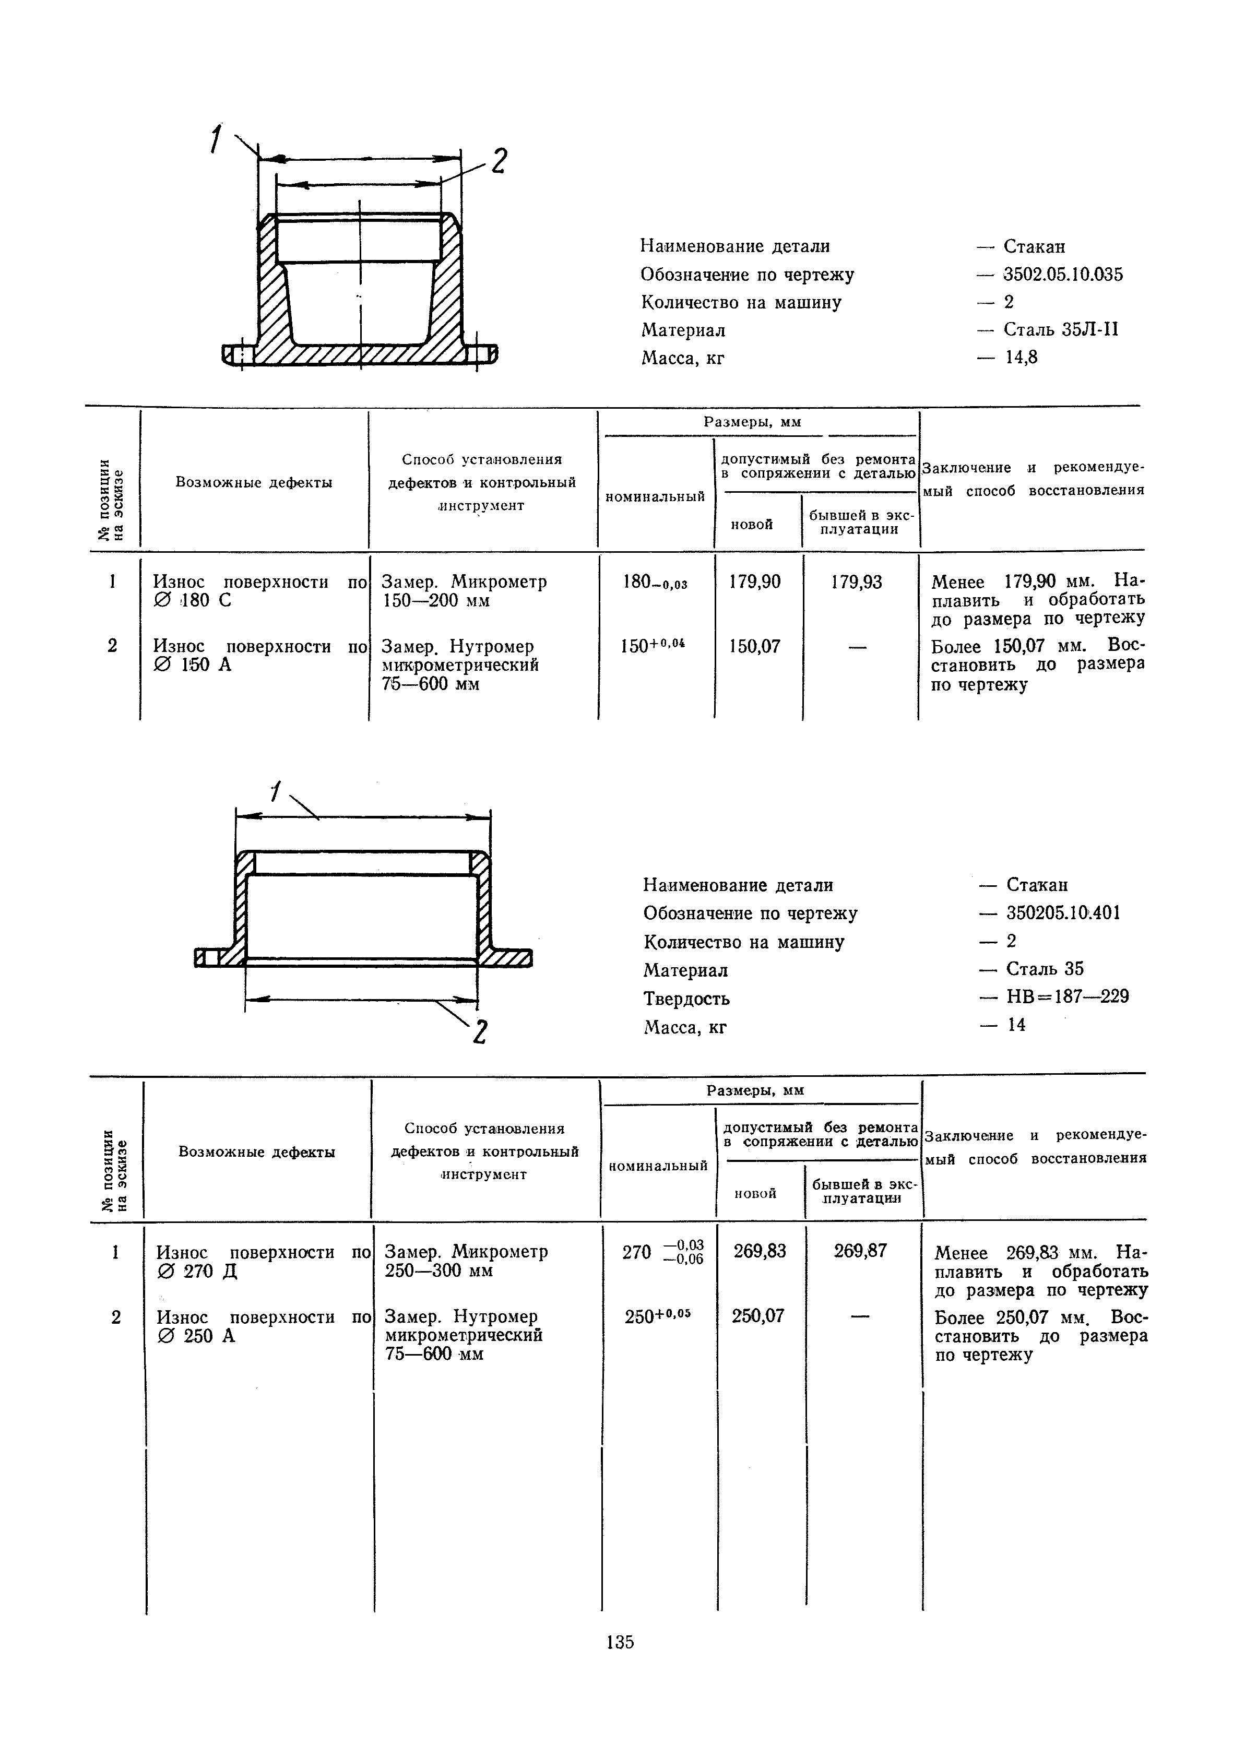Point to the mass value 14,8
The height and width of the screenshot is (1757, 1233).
click(x=1021, y=358)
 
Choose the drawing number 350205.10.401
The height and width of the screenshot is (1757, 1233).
click(x=1062, y=912)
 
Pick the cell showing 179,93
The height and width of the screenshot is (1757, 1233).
click(x=857, y=583)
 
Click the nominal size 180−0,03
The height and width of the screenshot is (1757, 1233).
click(x=655, y=583)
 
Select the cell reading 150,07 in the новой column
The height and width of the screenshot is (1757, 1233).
click(x=755, y=647)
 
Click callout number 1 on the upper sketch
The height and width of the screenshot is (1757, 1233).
click(x=217, y=140)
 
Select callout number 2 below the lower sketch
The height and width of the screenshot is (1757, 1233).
click(x=480, y=1032)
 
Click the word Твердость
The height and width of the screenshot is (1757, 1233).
click(x=686, y=999)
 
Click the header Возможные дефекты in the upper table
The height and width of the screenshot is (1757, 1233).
click(x=254, y=483)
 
